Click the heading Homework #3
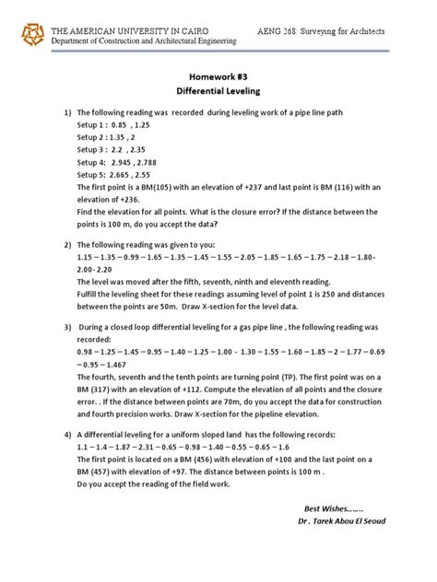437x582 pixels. click(x=218, y=78)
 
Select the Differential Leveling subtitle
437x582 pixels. click(x=218, y=94)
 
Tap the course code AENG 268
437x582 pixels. click(x=282, y=30)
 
